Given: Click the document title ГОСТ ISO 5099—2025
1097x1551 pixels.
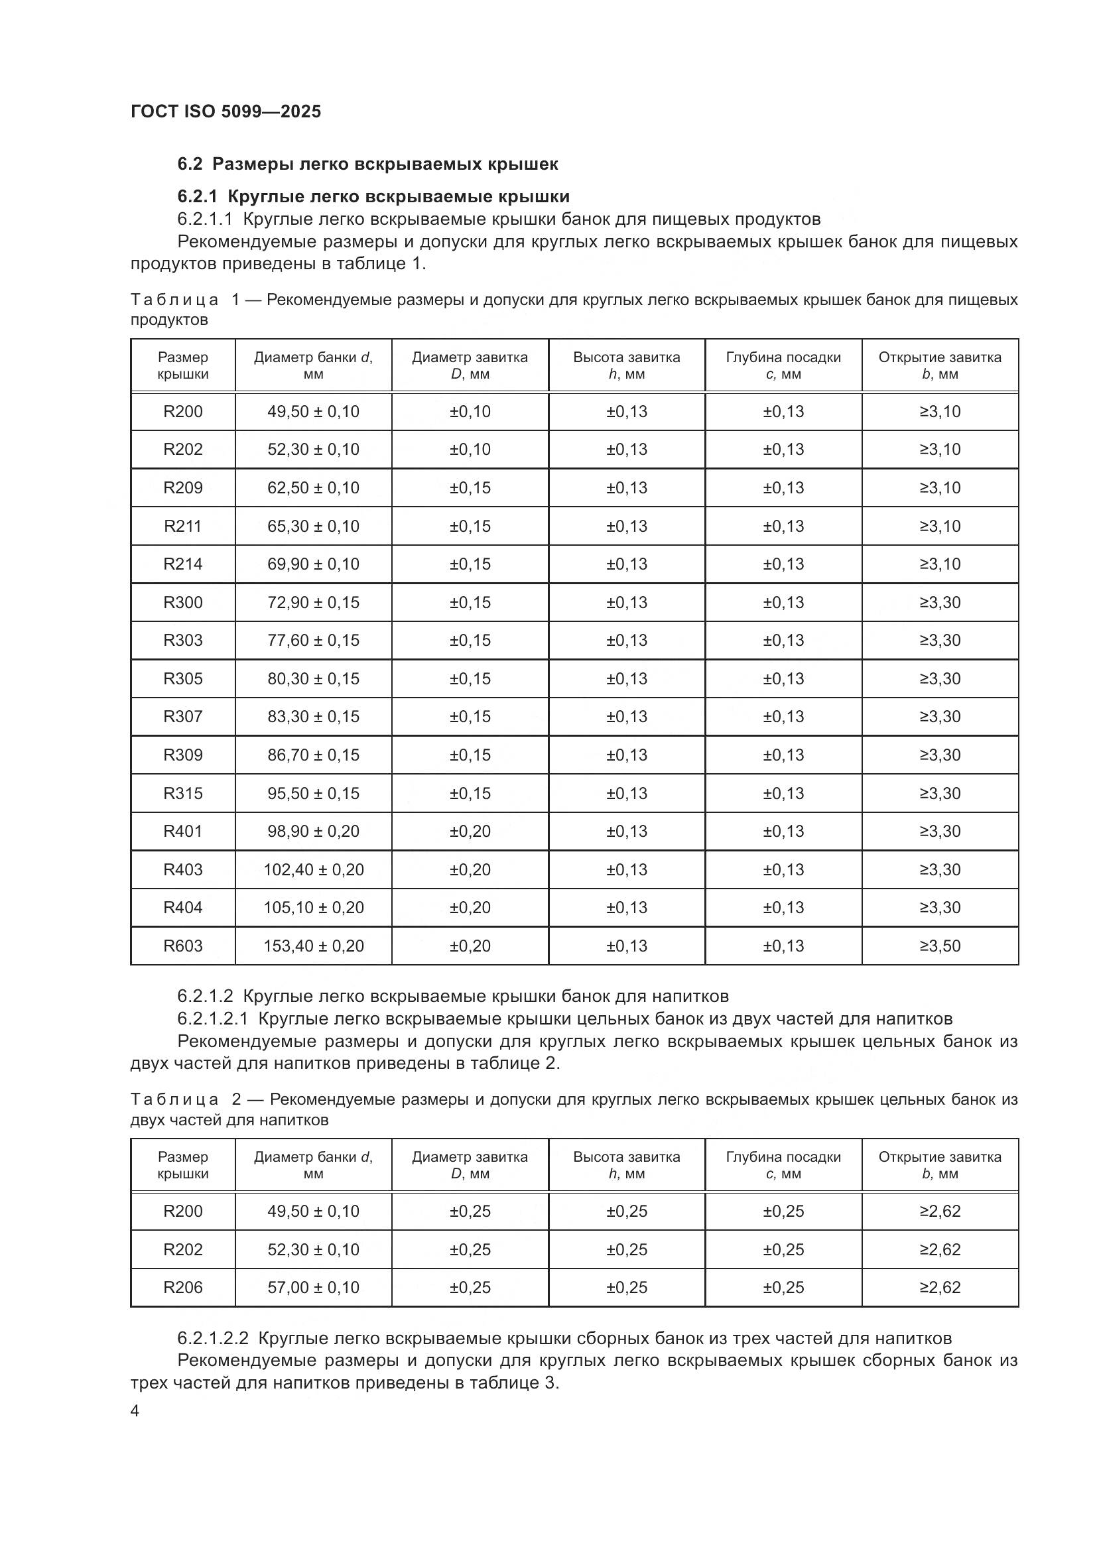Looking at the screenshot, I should click(x=226, y=111).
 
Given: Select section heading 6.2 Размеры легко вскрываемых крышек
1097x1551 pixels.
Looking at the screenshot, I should click(x=367, y=164).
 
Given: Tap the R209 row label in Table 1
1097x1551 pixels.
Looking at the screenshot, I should click(x=182, y=488).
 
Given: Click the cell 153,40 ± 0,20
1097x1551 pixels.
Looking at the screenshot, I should click(x=314, y=946).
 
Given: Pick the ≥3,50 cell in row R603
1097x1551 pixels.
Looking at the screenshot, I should click(x=940, y=946).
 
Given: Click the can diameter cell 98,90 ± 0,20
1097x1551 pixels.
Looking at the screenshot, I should click(x=314, y=831).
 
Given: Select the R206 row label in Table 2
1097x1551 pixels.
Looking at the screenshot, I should click(x=182, y=1288).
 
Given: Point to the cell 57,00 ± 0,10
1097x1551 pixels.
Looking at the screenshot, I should click(x=314, y=1288).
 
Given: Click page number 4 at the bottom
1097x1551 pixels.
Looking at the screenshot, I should click(x=135, y=1411).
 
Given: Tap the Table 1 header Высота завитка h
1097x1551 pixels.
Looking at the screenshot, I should click(x=626, y=365).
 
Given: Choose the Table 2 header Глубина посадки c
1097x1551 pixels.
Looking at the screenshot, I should click(x=783, y=1165).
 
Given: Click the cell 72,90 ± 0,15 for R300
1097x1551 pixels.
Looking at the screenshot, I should click(x=314, y=602).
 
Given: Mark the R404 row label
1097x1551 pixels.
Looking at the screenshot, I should click(x=182, y=907).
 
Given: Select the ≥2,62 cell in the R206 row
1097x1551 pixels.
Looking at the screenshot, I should click(x=940, y=1288).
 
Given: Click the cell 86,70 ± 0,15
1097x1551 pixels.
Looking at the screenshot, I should click(x=314, y=755).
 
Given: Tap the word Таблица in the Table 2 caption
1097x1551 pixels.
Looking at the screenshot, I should click(x=174, y=1099).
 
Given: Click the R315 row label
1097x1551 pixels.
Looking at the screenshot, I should click(x=182, y=793).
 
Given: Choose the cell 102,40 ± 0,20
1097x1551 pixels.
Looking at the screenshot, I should click(x=314, y=869).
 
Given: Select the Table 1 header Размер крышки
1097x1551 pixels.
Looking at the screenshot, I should click(x=182, y=365).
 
